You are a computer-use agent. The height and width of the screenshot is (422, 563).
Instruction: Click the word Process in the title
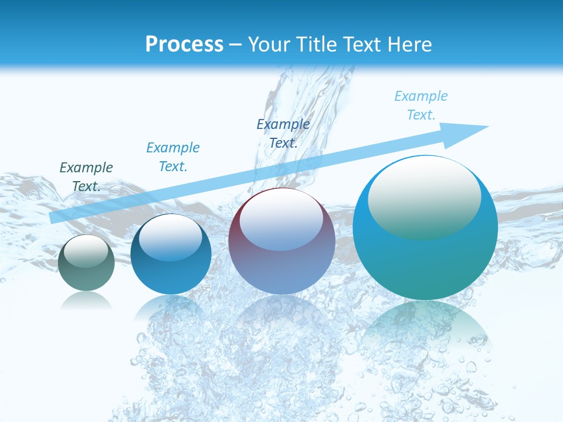[184, 45]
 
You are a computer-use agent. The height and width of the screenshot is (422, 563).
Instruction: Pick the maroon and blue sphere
[281, 264]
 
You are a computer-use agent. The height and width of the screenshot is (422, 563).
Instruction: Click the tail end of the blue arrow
[54, 218]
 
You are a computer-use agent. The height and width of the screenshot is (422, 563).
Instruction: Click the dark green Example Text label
[86, 177]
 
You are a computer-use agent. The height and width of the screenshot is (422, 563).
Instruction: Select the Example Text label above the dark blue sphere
[173, 157]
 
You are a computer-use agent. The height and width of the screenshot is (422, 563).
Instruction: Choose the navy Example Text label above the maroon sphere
[283, 133]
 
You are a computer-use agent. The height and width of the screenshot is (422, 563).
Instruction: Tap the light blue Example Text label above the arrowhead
[421, 105]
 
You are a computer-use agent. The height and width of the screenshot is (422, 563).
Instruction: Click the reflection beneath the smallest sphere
[86, 301]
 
